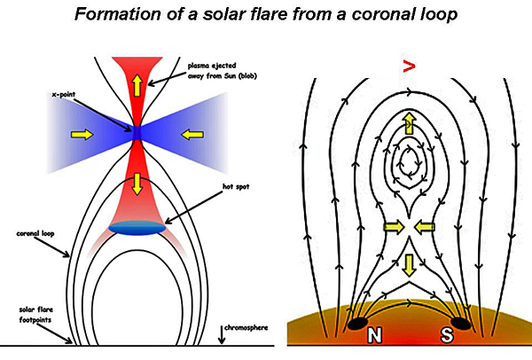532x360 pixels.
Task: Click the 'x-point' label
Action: click(63, 93)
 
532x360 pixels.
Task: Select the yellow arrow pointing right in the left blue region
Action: click(81, 134)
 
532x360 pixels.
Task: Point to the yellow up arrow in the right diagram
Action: click(408, 123)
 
